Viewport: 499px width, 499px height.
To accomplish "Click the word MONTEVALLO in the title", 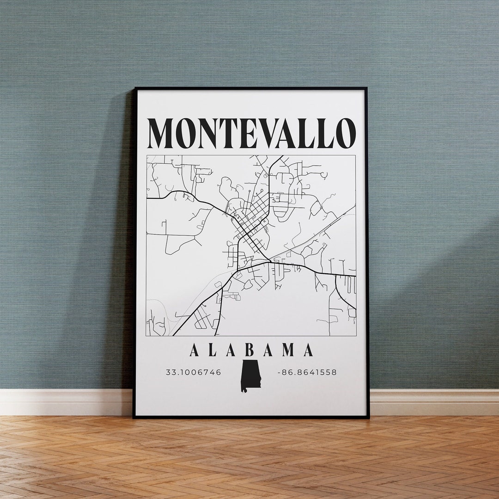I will click(x=251, y=133).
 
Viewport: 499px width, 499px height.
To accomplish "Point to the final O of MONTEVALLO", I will click(x=346, y=133).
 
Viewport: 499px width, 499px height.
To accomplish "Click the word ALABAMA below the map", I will click(x=251, y=350).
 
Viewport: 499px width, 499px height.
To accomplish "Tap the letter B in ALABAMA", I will click(x=249, y=350).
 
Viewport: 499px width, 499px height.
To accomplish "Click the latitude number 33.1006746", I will click(x=194, y=372).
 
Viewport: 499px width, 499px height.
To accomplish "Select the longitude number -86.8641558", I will click(x=307, y=372).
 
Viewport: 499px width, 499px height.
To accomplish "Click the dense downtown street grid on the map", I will click(x=252, y=217).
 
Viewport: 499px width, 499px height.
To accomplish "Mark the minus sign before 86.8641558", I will click(x=279, y=372).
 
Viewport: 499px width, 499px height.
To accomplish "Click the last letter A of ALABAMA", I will click(x=308, y=350).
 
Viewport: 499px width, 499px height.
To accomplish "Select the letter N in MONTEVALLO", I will click(x=207, y=133).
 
